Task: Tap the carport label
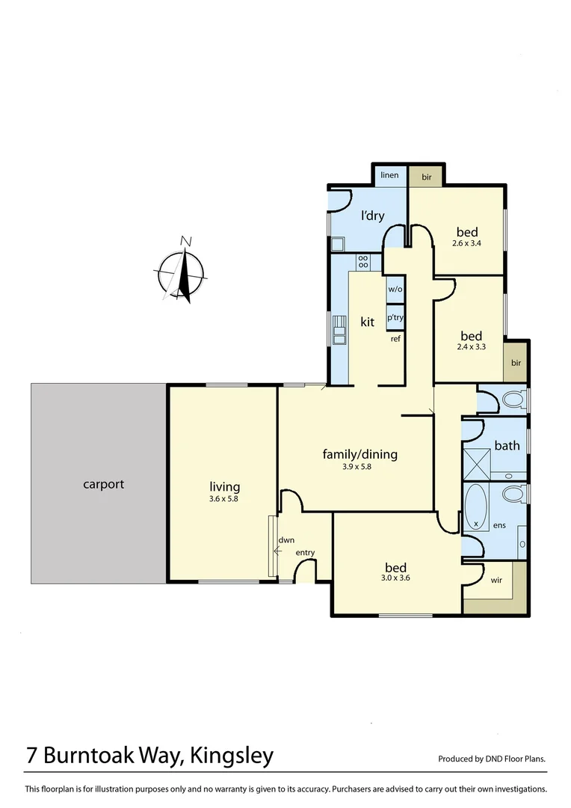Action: click(103, 484)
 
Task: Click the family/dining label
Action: click(359, 454)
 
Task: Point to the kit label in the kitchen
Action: click(367, 322)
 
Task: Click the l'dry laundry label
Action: click(373, 216)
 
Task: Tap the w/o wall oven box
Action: click(395, 290)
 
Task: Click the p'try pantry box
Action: click(395, 316)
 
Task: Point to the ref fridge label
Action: click(395, 339)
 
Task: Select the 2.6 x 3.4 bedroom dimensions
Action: click(467, 243)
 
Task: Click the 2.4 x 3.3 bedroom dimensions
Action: click(471, 348)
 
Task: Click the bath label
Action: click(507, 446)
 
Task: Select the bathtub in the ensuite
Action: click(476, 507)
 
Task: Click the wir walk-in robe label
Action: click(496, 580)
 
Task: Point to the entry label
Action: click(305, 553)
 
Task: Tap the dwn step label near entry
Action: click(285, 539)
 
